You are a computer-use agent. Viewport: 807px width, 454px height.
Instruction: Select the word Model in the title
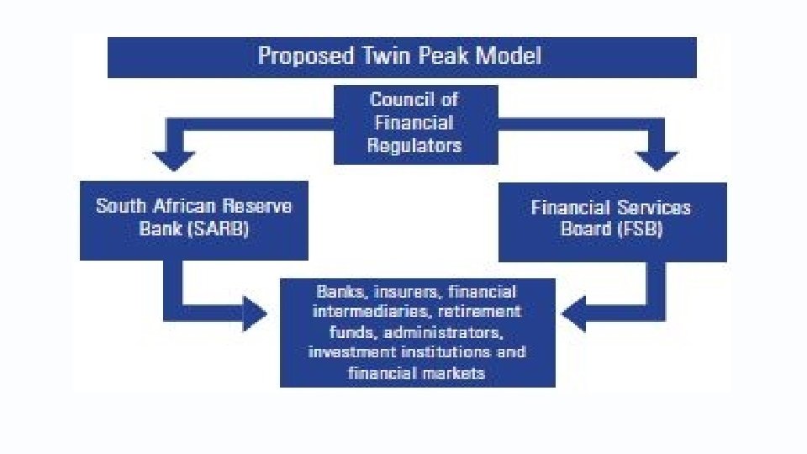click(x=509, y=56)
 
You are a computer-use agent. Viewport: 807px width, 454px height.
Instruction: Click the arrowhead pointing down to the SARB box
click(x=176, y=161)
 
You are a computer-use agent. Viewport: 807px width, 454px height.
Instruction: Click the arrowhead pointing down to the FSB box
click(x=657, y=161)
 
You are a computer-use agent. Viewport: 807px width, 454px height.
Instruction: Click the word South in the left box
click(x=119, y=206)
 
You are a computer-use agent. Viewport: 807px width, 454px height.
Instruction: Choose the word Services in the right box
click(x=651, y=208)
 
